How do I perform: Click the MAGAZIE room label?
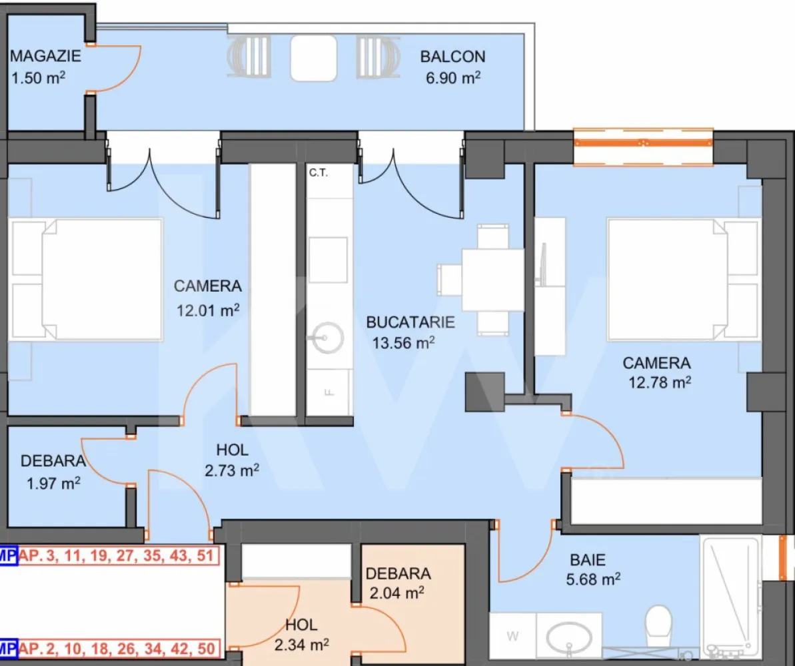click(45, 56)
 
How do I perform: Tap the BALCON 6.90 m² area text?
click(452, 67)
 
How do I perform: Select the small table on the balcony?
click(314, 58)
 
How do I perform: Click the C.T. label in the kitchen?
click(319, 173)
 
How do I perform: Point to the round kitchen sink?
click(328, 338)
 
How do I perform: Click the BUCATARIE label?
click(410, 322)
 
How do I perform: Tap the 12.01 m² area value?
click(208, 310)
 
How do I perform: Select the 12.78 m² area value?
click(660, 382)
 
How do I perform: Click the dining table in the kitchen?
click(492, 280)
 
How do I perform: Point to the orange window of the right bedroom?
click(643, 145)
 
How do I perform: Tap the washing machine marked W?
click(512, 636)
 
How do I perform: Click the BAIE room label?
click(588, 560)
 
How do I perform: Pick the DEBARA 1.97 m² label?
click(53, 472)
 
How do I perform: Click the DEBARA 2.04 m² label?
click(398, 583)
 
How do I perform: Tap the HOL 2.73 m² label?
click(232, 460)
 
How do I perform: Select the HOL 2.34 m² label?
click(302, 635)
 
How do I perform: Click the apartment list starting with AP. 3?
click(119, 555)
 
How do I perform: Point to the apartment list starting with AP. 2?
click(119, 649)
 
